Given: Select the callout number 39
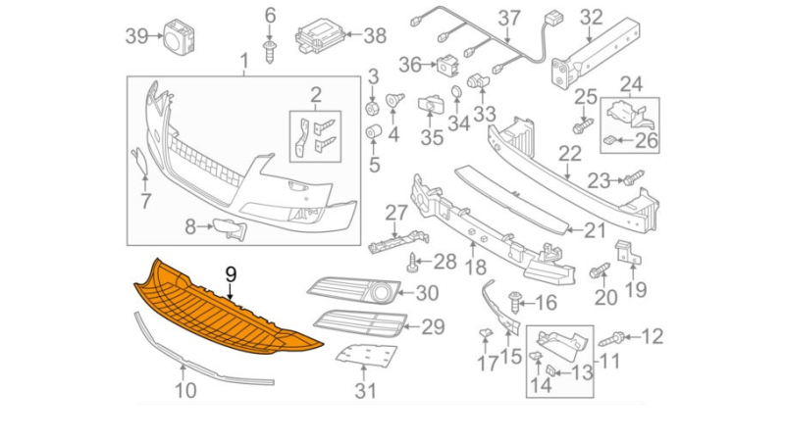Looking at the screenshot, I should tap(136, 36).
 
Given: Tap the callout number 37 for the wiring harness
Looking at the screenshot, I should tap(508, 17).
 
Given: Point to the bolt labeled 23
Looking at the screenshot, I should tap(633, 178).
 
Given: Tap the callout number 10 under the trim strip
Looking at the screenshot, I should tap(184, 390).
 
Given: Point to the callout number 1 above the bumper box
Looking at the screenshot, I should tap(244, 64).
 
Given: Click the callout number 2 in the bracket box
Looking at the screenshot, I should tap(315, 95).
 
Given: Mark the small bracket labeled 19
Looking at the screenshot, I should tap(626, 250).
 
